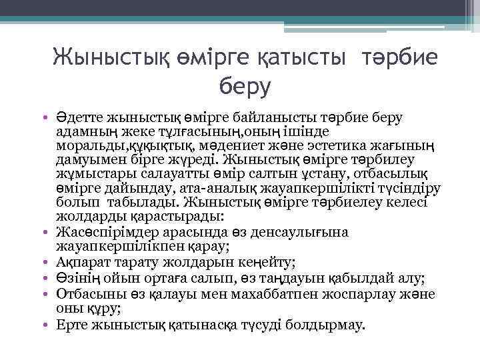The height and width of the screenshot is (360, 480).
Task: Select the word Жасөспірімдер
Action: coord(107,233)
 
